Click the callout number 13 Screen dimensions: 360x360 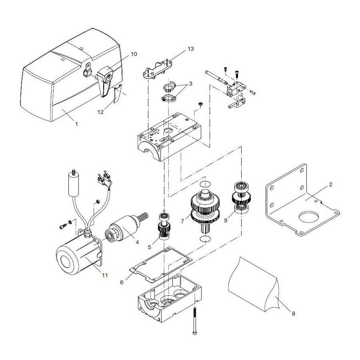coord(190,49)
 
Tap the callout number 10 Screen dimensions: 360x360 coord(134,54)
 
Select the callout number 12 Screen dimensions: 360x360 coord(100,112)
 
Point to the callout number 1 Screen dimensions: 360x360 coord(77,124)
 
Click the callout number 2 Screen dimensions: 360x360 coord(330,184)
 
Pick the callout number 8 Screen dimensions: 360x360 coord(293,314)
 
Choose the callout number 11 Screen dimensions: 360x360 coord(105,275)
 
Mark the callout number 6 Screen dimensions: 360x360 coord(122,283)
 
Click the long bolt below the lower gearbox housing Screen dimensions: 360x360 coord(195,320)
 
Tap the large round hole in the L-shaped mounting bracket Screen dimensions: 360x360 coord(309,217)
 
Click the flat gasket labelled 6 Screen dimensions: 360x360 coord(161,264)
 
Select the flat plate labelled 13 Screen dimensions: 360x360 coord(158,69)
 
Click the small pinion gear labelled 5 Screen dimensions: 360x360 coord(164,227)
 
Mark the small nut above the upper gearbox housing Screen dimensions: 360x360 coord(200,104)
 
